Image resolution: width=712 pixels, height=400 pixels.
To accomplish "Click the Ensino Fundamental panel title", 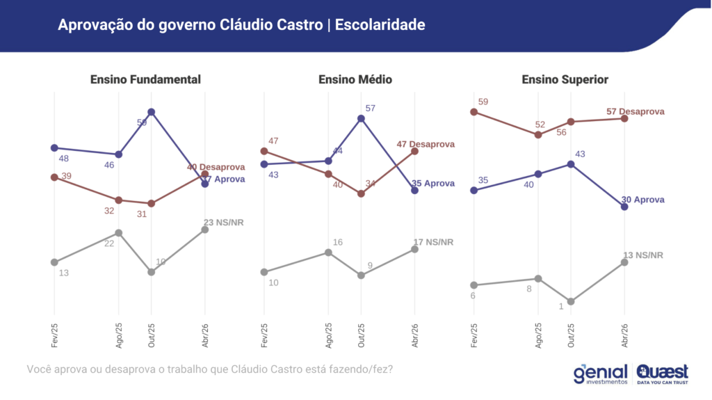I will (145, 79).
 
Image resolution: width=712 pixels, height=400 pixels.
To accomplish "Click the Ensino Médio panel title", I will (355, 79).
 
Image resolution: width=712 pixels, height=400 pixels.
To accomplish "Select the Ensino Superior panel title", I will (565, 79).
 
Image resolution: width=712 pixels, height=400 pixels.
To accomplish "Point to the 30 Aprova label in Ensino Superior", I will (642, 200).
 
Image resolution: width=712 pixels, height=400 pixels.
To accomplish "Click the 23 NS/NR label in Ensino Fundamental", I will (223, 223).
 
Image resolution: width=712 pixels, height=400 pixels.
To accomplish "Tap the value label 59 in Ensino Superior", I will (483, 102).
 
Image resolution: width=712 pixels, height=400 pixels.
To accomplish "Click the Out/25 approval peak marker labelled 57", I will (362, 118).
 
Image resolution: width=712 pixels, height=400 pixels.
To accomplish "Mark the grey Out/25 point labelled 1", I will (571, 301).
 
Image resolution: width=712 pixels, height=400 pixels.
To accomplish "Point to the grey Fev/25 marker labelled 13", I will (54, 262).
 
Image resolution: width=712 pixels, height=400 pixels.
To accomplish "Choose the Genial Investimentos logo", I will (601, 374).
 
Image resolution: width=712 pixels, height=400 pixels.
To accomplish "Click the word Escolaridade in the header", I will (380, 25).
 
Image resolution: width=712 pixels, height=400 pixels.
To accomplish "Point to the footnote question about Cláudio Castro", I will (209, 369).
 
